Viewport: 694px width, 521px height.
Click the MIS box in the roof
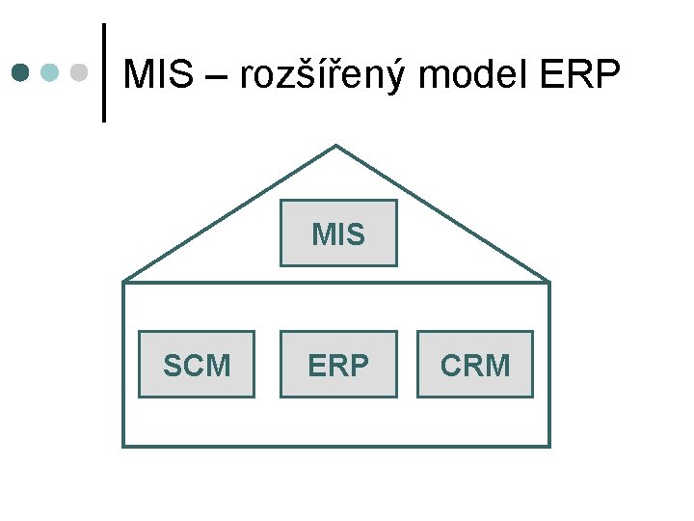(338, 233)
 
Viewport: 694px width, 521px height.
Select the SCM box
(197, 364)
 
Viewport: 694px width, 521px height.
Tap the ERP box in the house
(338, 364)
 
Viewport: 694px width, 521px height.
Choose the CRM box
(474, 364)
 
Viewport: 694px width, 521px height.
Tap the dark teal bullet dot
(21, 72)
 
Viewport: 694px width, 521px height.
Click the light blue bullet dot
(51, 72)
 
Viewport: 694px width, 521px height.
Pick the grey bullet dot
(80, 72)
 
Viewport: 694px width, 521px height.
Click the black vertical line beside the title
(103, 72)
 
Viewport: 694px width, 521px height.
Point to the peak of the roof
(335, 146)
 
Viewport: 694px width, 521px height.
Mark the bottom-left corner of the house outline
(123, 446)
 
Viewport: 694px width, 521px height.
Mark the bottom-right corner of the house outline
(549, 446)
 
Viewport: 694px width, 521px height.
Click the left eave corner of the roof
(124, 282)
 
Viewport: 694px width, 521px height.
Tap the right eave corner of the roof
(549, 282)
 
